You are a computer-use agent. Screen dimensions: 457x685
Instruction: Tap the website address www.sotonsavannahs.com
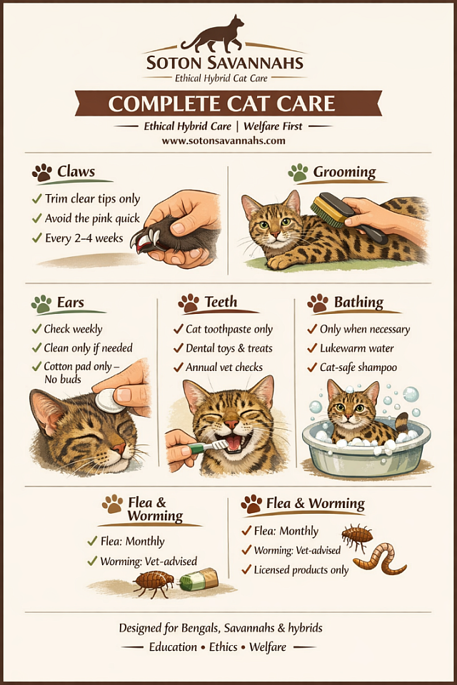[223, 141]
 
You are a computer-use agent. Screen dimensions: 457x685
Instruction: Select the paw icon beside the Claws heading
[42, 173]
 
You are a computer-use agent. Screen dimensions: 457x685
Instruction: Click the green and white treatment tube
[199, 579]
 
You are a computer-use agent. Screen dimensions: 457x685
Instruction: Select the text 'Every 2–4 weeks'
[84, 238]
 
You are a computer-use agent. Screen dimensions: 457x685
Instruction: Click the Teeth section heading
[221, 302]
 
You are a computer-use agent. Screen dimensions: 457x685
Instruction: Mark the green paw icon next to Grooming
[298, 173]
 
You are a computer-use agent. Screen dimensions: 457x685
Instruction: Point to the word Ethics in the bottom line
[223, 647]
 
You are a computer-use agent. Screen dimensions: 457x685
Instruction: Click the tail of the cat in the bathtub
[401, 424]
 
